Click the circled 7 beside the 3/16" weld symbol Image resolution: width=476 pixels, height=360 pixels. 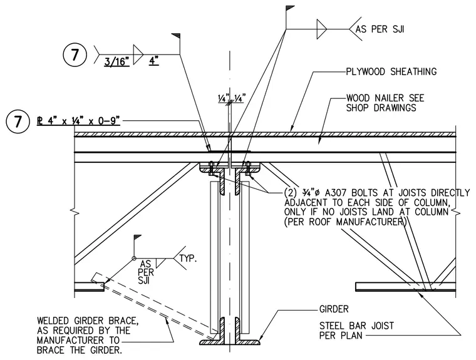coord(75,55)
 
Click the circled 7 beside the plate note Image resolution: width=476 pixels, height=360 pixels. coord(18,121)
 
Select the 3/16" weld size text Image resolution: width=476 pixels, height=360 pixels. coord(117,61)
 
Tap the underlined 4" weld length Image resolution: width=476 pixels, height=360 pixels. coord(154,60)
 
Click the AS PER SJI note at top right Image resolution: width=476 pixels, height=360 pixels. coord(380,29)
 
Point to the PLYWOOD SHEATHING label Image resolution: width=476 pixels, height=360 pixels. coord(391,71)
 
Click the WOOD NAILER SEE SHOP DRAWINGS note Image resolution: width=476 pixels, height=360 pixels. coord(385,103)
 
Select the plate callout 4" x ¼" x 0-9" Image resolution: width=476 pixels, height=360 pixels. coord(79,121)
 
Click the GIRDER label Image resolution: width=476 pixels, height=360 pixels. coord(334,309)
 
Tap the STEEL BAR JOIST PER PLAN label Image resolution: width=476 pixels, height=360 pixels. coord(356,331)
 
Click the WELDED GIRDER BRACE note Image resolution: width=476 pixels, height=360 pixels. coord(88,336)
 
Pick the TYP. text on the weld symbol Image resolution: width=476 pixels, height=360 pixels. coord(189,259)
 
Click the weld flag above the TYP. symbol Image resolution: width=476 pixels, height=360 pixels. coord(138,237)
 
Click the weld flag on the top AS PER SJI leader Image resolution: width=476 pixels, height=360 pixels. coord(290,8)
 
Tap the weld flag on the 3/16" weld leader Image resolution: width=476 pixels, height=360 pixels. coord(176,36)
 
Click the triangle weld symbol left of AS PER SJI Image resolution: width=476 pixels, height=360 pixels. coord(322,29)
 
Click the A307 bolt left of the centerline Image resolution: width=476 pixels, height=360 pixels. coord(211,168)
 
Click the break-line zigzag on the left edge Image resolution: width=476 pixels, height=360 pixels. coord(75,211)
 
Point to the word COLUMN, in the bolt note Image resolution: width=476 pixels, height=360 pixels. coord(432,202)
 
